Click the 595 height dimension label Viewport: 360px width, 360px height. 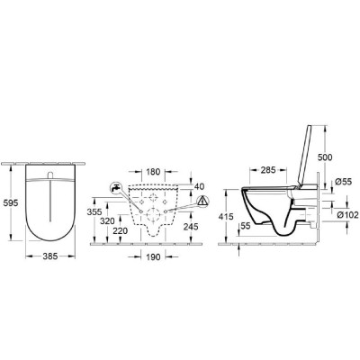(x=10, y=203)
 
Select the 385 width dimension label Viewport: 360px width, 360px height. (x=49, y=256)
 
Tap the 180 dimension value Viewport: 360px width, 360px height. (x=153, y=172)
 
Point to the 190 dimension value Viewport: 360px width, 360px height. (x=153, y=256)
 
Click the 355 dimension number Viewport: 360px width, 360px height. (x=94, y=211)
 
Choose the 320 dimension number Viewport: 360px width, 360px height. (x=107, y=221)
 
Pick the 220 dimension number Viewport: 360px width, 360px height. (x=121, y=230)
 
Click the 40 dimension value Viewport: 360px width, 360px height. (x=199, y=186)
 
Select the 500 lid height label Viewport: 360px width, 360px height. (x=325, y=157)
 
